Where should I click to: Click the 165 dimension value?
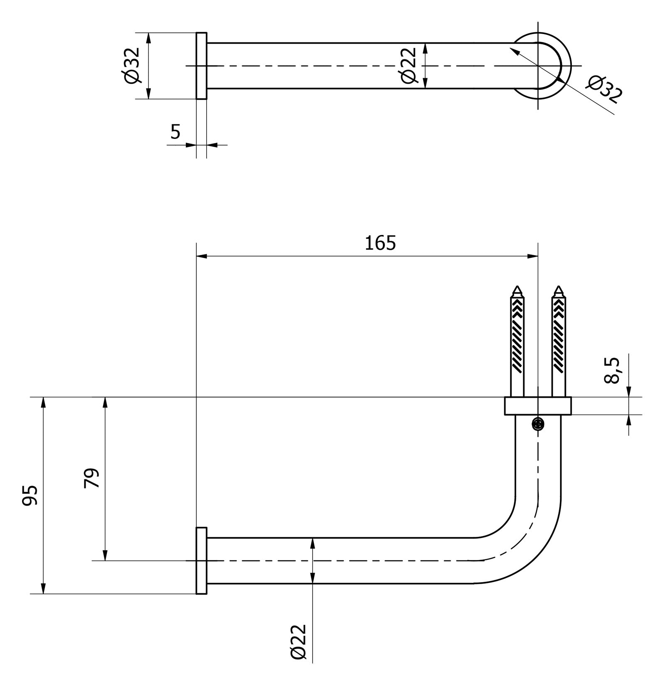380,243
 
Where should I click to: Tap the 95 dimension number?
30,495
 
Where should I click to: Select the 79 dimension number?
92,478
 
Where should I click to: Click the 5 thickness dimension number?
175,132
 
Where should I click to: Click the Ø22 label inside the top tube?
409,65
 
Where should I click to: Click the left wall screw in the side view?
517,341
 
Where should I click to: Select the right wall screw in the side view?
559,341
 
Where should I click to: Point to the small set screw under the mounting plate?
538,424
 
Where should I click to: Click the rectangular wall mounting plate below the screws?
538,406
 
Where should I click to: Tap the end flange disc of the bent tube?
202,560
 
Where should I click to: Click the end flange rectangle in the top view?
202,66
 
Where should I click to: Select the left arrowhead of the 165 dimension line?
201,256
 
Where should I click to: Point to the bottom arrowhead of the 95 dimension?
43,589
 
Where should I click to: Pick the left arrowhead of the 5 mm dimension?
191,145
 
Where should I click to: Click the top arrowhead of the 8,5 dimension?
629,392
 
